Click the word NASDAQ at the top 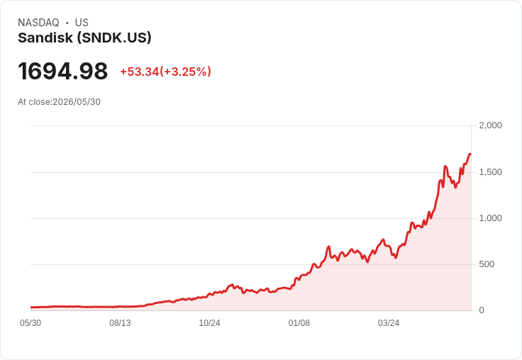(38, 23)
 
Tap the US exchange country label (82, 23)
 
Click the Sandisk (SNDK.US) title (84, 38)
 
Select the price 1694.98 (63, 71)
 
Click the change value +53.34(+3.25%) (165, 72)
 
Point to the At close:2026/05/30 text (60, 102)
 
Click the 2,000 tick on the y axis (490, 125)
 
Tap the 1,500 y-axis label (490, 172)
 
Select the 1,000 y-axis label (490, 218)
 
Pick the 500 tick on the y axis (487, 264)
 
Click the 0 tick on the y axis (482, 310)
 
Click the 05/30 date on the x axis (30, 323)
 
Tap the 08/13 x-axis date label (120, 323)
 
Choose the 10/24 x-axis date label (209, 323)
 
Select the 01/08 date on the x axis (299, 323)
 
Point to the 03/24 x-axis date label (389, 323)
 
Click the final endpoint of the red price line (470, 154)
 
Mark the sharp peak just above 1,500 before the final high (445, 166)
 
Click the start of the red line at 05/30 (31, 308)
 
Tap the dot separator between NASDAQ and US (67, 23)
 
